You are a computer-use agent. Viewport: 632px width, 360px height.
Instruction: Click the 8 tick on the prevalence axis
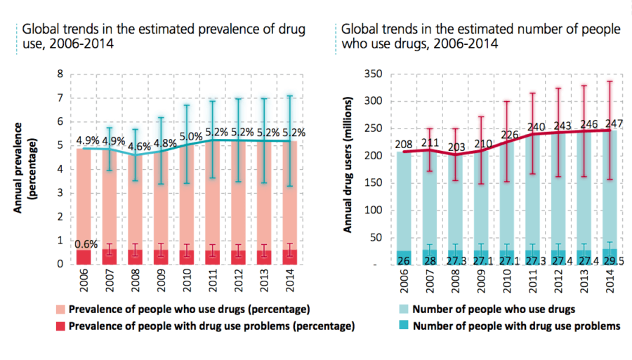[x=60, y=74]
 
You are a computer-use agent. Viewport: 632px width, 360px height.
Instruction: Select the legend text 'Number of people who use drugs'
[x=496, y=308]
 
